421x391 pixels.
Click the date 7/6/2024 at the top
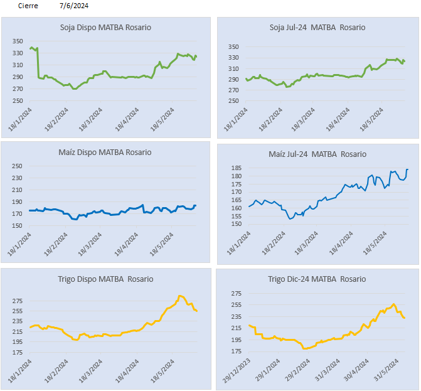click(74, 6)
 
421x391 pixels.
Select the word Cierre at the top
click(28, 6)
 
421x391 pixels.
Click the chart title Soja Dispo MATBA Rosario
click(105, 28)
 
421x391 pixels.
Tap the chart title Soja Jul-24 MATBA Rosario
click(317, 28)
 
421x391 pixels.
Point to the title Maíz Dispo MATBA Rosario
click(105, 152)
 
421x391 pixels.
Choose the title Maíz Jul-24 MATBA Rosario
click(317, 154)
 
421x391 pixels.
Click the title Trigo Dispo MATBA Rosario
click(105, 279)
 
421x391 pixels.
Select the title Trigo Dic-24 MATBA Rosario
click(317, 279)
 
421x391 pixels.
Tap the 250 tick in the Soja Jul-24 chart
click(233, 101)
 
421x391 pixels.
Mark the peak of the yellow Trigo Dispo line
click(180, 296)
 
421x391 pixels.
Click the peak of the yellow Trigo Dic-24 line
click(394, 304)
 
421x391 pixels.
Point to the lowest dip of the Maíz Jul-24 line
click(290, 218)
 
